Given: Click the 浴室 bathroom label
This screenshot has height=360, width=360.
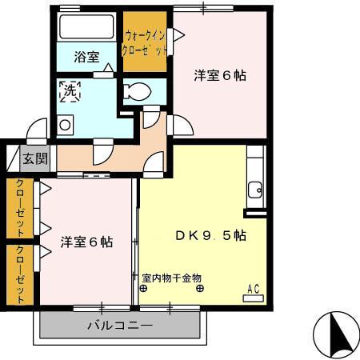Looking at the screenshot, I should click(86, 57).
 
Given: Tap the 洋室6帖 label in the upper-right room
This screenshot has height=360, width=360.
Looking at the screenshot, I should click(220, 76).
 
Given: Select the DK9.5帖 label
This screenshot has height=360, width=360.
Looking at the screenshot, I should click(210, 236).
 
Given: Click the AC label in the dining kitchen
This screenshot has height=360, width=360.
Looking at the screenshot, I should click(254, 289).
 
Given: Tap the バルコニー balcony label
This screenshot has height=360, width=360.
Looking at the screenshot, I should click(119, 326).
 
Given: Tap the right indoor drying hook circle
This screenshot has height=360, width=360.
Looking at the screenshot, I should click(198, 290).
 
